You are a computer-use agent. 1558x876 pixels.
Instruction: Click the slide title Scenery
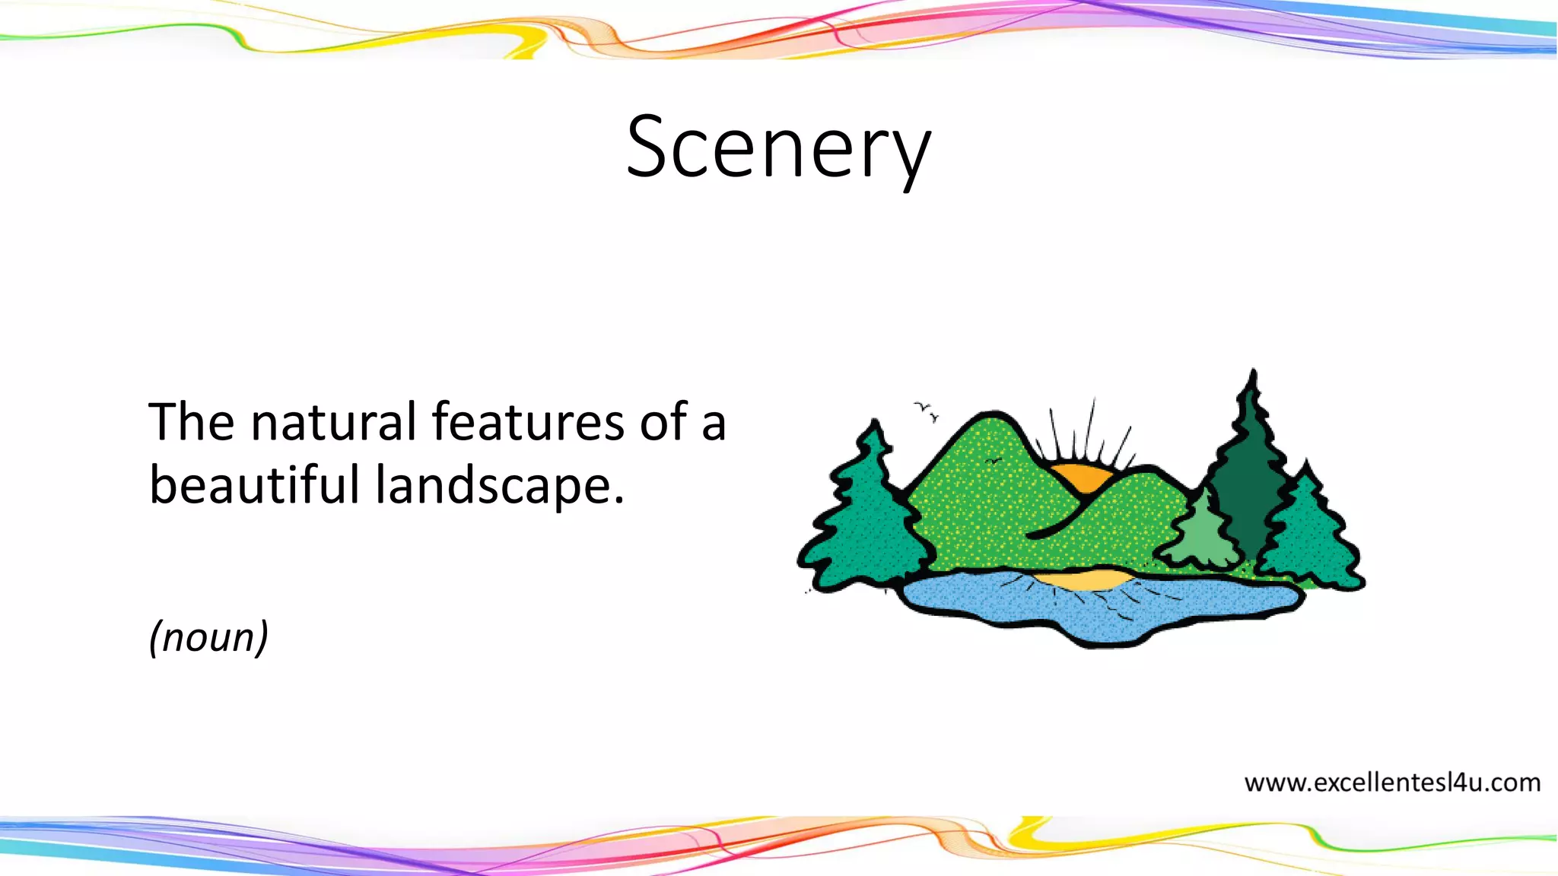pyautogui.click(x=778, y=147)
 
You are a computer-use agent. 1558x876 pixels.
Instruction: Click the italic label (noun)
pyautogui.click(x=208, y=636)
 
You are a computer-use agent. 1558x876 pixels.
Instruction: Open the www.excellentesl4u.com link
pyautogui.click(x=1392, y=782)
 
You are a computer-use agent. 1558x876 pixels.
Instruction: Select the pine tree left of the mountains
pyautogui.click(x=867, y=517)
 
